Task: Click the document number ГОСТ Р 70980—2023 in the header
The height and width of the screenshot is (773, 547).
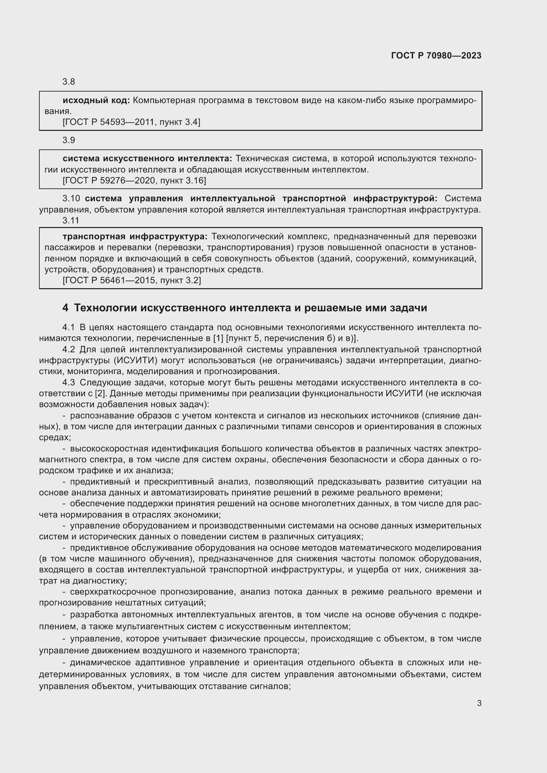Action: coord(436,56)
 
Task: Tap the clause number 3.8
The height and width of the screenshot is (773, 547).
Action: coord(69,82)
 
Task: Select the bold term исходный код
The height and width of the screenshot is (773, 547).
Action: coord(96,100)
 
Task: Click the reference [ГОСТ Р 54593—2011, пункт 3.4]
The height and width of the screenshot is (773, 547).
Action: coord(131,122)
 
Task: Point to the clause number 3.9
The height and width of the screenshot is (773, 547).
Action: coord(69,140)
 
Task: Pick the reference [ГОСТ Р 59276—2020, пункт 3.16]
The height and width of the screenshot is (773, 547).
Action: coord(134,181)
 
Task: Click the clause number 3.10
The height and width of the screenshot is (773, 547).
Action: coord(71,199)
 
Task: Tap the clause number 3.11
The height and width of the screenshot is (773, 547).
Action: coord(71,220)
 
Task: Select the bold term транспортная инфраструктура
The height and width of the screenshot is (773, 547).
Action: coord(135,237)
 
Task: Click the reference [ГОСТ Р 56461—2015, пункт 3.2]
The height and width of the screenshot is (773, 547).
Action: coord(132,281)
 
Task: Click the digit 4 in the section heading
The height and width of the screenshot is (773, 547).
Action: coord(65,308)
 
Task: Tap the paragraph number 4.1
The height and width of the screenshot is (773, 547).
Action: coord(69,327)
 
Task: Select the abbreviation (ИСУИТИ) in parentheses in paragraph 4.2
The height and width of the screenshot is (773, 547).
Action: coord(135,361)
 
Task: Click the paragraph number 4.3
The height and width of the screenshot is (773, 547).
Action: coord(69,382)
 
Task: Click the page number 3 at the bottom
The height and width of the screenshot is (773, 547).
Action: coord(479,703)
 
